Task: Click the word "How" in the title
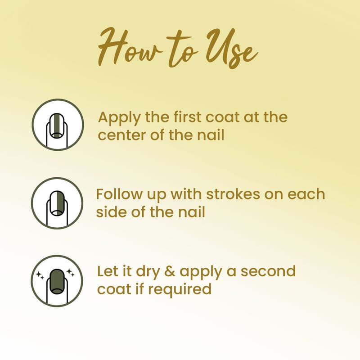pyautogui.click(x=130, y=47)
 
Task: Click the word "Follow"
pyautogui.click(x=119, y=194)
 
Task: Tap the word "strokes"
pyautogui.click(x=233, y=194)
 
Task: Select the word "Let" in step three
pyautogui.click(x=107, y=271)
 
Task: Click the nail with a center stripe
pyautogui.click(x=57, y=126)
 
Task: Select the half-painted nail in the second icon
pyautogui.click(x=57, y=203)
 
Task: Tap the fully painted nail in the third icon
pyautogui.click(x=57, y=282)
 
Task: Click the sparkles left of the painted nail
pyautogui.click(x=40, y=275)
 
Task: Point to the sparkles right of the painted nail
pyautogui.click(x=70, y=273)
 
